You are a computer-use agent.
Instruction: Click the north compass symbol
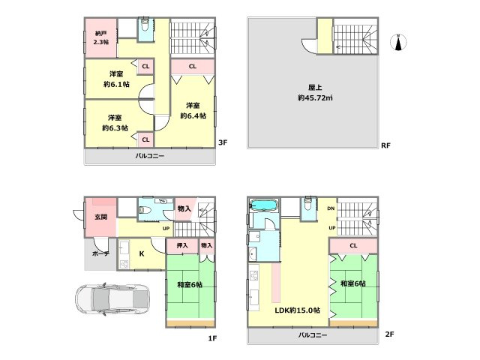pos(398,42)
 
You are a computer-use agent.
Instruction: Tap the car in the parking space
pos(112,298)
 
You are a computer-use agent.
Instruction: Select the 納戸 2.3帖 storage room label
pos(101,37)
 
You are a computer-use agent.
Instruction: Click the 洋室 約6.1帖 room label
pos(116,79)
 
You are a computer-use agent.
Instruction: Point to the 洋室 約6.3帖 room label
pos(115,123)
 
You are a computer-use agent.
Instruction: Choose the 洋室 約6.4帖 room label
pos(193,110)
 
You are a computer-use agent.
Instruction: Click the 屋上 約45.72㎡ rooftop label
pos(315,93)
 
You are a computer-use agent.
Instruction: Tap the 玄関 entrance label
pos(100,217)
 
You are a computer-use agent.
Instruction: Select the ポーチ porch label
pos(100,253)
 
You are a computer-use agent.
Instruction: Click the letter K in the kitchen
pos(142,253)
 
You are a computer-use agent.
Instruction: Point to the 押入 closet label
pos(182,245)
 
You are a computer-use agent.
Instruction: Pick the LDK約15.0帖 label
pos(297,310)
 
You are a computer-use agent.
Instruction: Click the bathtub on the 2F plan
pos(263,205)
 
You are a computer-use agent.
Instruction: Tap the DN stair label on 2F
pos(331,208)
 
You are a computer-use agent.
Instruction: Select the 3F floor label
pos(223,142)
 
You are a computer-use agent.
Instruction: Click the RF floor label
pos(385,145)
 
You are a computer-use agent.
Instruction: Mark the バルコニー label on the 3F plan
pos(150,156)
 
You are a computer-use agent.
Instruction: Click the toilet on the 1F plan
pos(144,210)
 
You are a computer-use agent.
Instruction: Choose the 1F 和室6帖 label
pos(190,285)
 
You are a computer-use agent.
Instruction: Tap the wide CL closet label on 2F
pos(353,245)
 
